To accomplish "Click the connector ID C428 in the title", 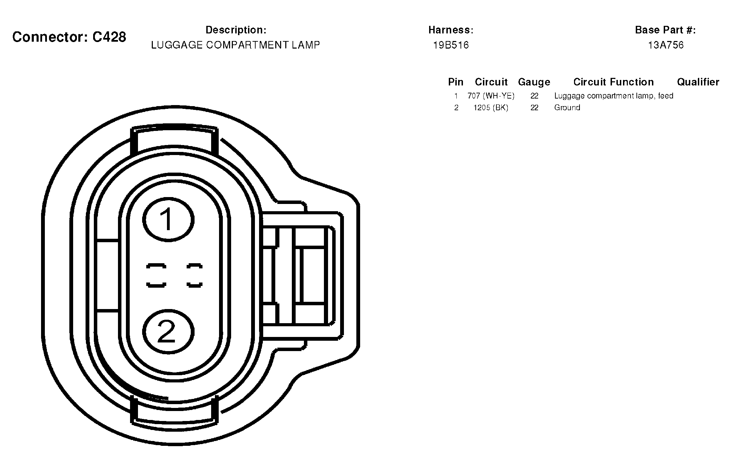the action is click(109, 37).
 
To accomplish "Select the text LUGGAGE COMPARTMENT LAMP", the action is click(236, 45).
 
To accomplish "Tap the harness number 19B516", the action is click(451, 45).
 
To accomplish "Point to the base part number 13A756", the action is click(666, 45).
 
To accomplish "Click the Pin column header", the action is click(456, 82).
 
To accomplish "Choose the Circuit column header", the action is click(491, 82).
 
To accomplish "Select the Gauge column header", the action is click(534, 82).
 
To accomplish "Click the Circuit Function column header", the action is click(614, 82).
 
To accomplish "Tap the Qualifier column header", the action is click(698, 82).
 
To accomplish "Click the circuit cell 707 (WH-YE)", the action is click(491, 96).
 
